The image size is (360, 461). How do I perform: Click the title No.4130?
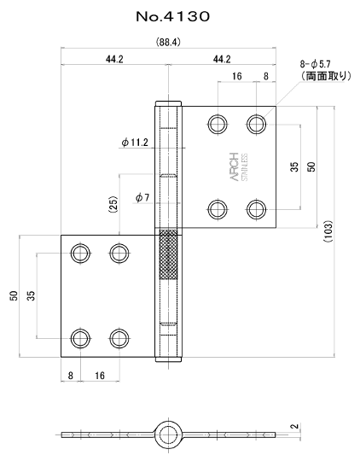coord(173,16)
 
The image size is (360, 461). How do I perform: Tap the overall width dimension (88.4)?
coord(168,43)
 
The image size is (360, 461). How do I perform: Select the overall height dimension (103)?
coord(328,231)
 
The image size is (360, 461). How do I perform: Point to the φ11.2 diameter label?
coord(135,143)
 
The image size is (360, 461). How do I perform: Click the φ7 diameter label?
coord(142,197)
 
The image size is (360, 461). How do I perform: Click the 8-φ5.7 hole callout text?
coord(316,64)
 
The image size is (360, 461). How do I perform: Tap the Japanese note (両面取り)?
coord(326,76)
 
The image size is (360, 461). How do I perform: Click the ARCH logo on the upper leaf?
coord(235,166)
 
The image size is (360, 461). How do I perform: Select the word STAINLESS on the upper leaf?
coord(245,167)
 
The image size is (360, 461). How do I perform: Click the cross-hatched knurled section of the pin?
coord(168,254)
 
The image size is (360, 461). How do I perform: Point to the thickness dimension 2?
coord(296,426)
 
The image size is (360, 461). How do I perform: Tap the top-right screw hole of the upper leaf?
coord(256,124)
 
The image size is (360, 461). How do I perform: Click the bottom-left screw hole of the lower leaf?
coord(80,338)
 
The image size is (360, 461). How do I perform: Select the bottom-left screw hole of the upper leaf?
coord(218,210)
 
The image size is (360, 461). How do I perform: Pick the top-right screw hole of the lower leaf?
coord(119,253)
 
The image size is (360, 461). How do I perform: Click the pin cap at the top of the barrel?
coord(168,103)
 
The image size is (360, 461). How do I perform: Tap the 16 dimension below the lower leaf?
coord(100,376)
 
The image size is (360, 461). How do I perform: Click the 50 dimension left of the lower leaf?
coord(14,295)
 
